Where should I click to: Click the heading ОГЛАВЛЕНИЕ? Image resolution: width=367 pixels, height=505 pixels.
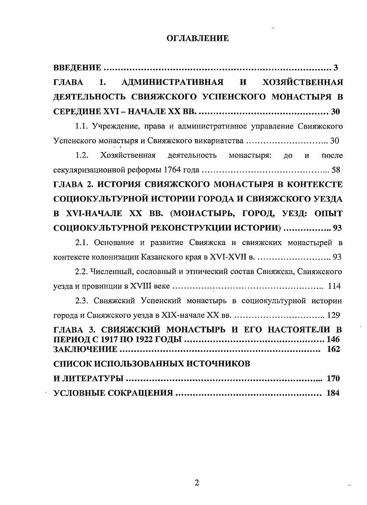point(197,38)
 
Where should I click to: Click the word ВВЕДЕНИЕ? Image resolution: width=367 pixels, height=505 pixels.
point(77,68)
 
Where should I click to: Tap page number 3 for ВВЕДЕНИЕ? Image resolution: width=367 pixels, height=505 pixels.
point(335,68)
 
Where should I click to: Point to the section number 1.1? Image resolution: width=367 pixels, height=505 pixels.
point(82,126)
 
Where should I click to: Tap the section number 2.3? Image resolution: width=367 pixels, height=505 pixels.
point(82,300)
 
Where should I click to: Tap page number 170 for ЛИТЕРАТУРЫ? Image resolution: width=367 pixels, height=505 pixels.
point(333,378)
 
